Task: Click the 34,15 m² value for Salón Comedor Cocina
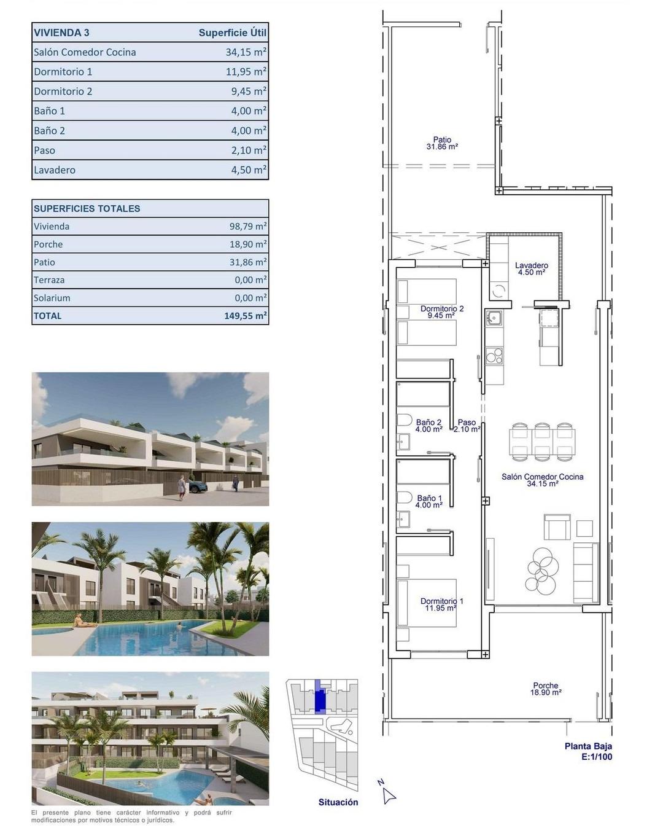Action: point(246,52)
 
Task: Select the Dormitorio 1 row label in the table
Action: point(63,72)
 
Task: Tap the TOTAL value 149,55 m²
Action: point(246,316)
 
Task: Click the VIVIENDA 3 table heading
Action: point(61,33)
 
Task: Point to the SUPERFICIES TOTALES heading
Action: point(87,208)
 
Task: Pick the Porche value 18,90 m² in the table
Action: point(248,244)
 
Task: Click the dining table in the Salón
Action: point(542,441)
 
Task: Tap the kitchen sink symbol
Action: point(493,318)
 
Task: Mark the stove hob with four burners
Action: point(494,356)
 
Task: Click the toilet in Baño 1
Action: point(404,497)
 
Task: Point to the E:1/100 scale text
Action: point(596,757)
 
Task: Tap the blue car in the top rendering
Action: point(198,486)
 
